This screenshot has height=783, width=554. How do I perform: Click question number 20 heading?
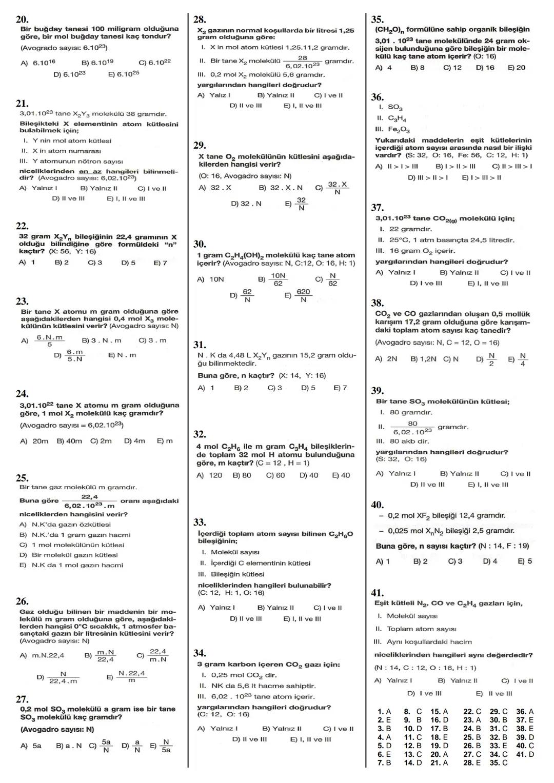tap(22, 19)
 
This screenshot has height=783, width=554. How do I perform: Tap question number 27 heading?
tap(22, 699)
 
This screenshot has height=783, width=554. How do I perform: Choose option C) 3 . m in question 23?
tap(152, 340)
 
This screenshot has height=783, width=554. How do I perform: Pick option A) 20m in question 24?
tap(34, 441)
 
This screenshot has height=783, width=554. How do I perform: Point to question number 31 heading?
tap(200, 345)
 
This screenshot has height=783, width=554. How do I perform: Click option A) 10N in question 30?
tap(210, 279)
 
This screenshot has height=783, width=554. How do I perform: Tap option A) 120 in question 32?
tap(209, 475)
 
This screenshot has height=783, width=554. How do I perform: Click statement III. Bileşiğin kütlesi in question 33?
tap(231, 574)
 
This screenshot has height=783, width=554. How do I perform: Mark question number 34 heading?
tap(200, 653)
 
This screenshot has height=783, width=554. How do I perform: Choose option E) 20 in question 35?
tap(516, 68)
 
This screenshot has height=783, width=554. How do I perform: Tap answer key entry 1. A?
tap(384, 711)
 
